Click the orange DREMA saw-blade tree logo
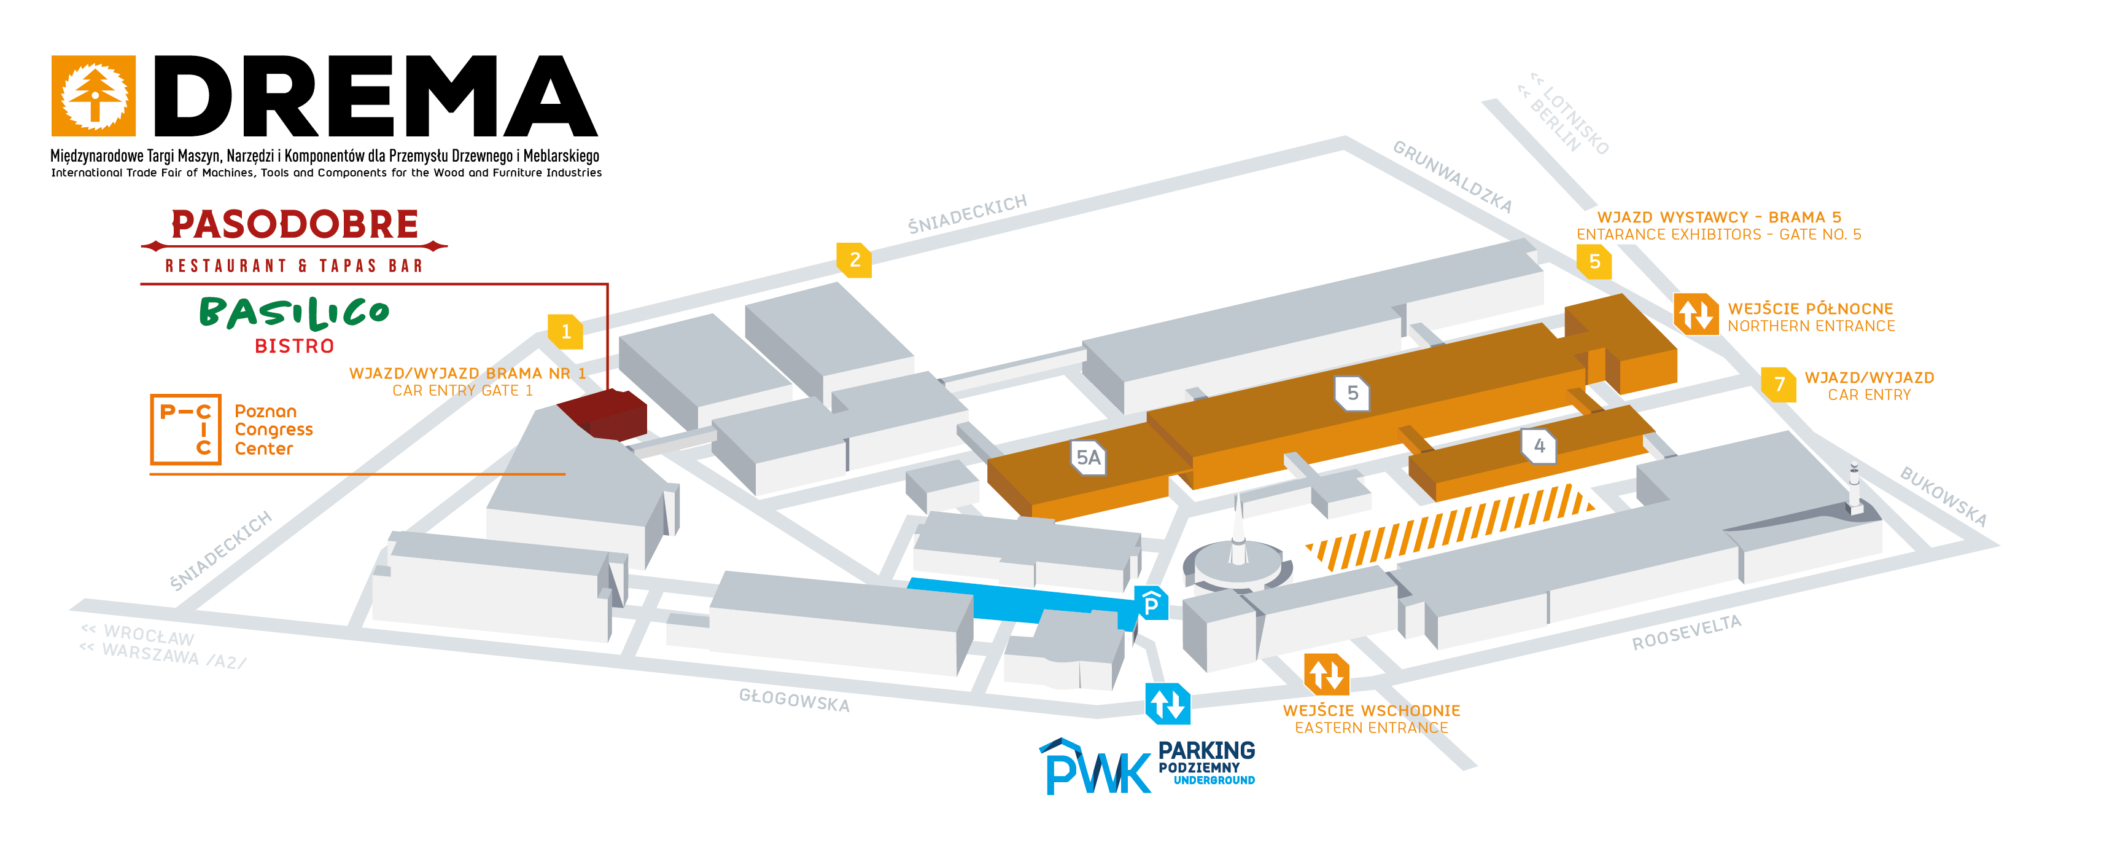click(93, 96)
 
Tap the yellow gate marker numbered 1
click(565, 331)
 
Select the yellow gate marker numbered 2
click(854, 260)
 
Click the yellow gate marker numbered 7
click(1779, 384)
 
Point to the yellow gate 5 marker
click(1594, 262)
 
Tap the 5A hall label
click(1089, 458)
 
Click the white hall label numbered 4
click(1539, 445)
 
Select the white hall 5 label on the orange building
click(1352, 393)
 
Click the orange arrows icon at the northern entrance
click(1696, 314)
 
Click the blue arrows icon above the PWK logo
click(1168, 704)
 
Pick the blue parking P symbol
click(1151, 603)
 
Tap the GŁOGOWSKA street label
click(794, 700)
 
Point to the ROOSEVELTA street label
click(1687, 632)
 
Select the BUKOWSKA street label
click(1944, 496)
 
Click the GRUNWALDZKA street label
click(1452, 176)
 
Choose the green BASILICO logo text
click(294, 313)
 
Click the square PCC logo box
click(185, 430)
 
